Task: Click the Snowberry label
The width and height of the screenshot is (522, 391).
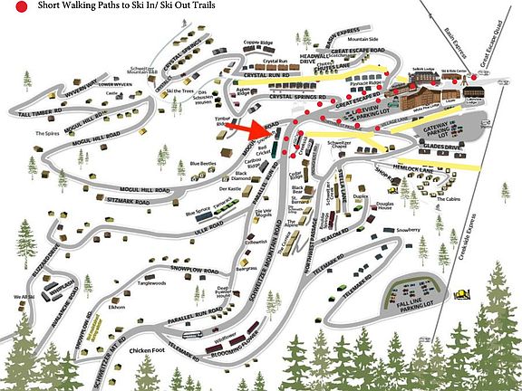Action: pyautogui.click(x=408, y=232)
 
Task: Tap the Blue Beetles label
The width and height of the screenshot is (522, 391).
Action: pyautogui.click(x=203, y=164)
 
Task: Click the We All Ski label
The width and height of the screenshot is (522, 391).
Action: pyautogui.click(x=23, y=297)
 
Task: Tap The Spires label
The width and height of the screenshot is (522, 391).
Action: pyautogui.click(x=47, y=133)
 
